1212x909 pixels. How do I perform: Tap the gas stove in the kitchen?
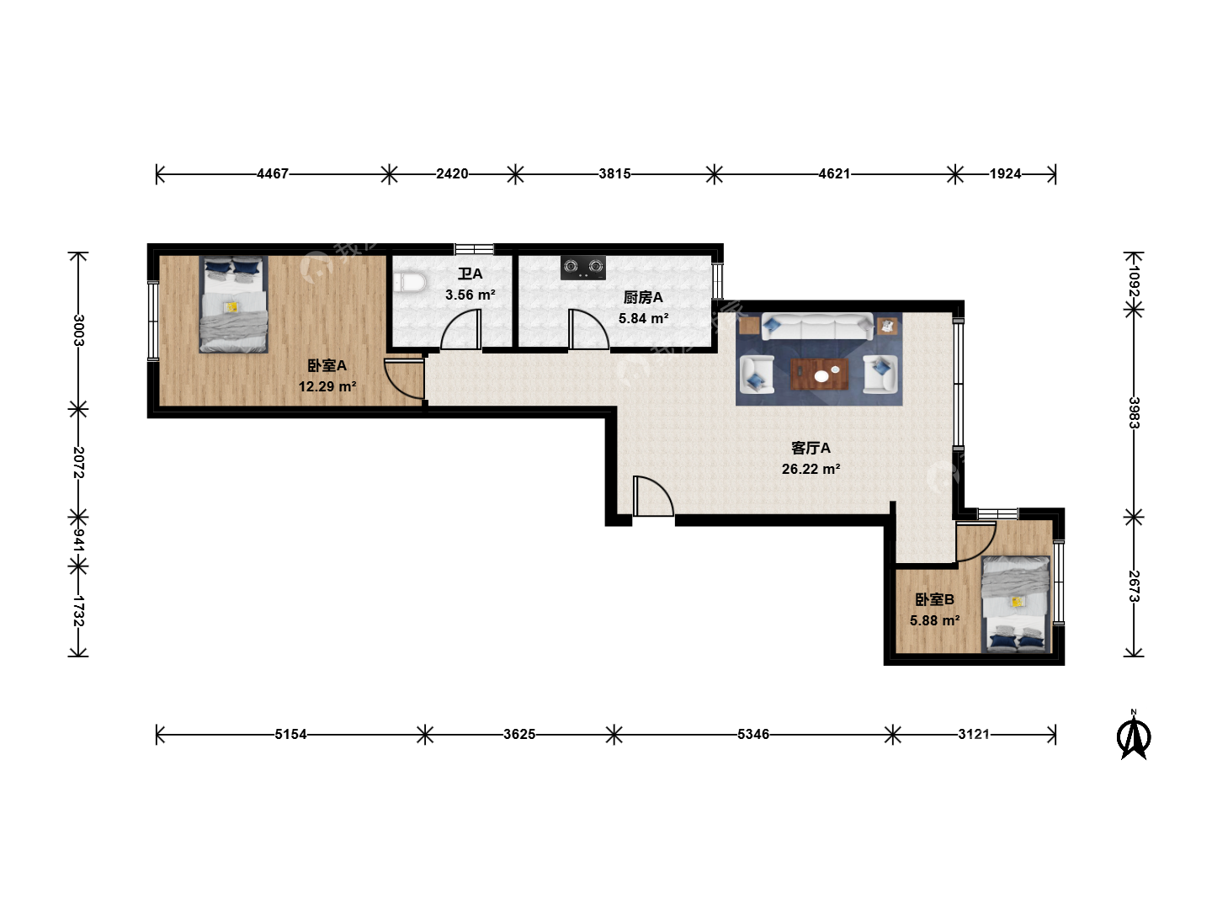(x=583, y=268)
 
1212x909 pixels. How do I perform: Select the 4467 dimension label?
(x=273, y=174)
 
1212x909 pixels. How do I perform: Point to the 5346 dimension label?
(x=753, y=734)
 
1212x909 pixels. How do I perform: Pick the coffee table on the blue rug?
(x=819, y=375)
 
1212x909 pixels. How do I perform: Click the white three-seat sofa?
(x=817, y=327)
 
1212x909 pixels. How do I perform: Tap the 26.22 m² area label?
(x=811, y=469)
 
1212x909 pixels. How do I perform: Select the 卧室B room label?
(x=934, y=599)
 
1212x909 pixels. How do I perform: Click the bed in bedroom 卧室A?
(x=234, y=304)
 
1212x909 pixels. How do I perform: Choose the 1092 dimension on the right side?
(x=1134, y=281)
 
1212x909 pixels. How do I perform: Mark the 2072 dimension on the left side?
(x=78, y=463)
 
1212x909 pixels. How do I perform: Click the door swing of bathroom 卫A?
(x=461, y=330)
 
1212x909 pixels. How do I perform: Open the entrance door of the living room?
(x=653, y=497)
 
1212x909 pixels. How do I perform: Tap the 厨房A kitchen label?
(x=643, y=297)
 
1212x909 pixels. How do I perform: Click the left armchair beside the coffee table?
(x=757, y=375)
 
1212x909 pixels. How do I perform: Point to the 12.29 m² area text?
(x=327, y=387)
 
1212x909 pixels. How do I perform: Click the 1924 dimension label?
(x=1005, y=174)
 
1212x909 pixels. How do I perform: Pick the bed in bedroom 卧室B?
(x=1016, y=604)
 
